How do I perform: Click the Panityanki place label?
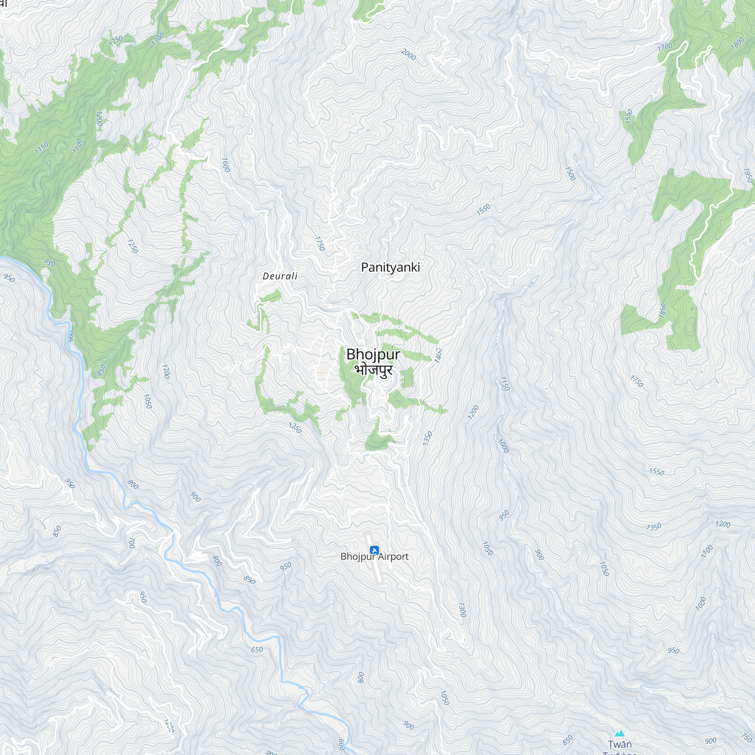[x=390, y=267]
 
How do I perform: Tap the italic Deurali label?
[x=280, y=276]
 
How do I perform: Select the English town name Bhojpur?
[x=373, y=354]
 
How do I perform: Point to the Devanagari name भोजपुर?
[x=374, y=370]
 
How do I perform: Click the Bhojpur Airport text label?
[x=374, y=556]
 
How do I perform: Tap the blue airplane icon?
[x=374, y=550]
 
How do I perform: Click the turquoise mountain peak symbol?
[x=620, y=733]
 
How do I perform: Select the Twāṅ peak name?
[x=620, y=744]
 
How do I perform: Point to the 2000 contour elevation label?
[x=408, y=55]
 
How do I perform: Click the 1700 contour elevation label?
[x=665, y=47]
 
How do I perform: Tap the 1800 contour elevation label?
[x=737, y=43]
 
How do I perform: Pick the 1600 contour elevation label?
[x=225, y=165]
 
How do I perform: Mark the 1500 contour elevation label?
[x=570, y=174]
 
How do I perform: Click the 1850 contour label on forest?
[x=663, y=311]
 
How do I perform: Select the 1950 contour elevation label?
[x=747, y=176]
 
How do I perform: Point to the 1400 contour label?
[x=438, y=355]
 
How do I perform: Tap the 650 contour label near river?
[x=257, y=649]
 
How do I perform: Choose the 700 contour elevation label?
[x=132, y=542]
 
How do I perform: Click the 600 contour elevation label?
[x=341, y=744]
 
